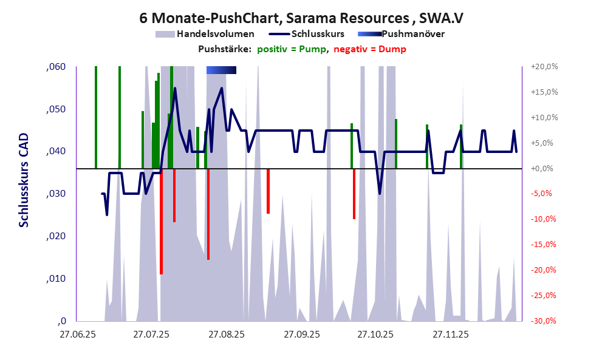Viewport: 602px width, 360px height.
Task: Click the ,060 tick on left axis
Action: (56, 67)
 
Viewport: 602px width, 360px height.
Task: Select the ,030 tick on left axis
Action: (56, 194)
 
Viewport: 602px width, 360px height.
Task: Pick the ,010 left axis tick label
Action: (56, 279)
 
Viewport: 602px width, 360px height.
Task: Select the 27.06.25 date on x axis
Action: (77, 335)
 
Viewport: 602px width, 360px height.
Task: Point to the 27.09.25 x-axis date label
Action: (301, 335)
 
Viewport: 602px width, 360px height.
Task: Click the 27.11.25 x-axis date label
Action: (450, 335)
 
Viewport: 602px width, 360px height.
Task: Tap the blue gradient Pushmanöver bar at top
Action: (221, 70)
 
